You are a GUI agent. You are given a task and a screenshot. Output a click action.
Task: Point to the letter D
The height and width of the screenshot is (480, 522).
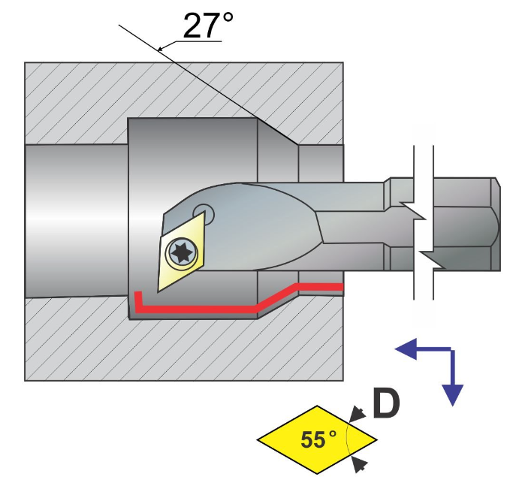click(386, 403)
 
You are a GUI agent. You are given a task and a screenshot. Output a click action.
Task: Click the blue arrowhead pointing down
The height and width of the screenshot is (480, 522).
click(452, 394)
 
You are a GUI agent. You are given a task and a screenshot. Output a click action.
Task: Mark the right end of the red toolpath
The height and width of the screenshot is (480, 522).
click(340, 285)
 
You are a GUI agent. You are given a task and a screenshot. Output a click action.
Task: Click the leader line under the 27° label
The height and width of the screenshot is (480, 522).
click(188, 43)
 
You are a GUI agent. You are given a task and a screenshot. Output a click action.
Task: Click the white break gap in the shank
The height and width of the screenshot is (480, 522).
click(422, 225)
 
